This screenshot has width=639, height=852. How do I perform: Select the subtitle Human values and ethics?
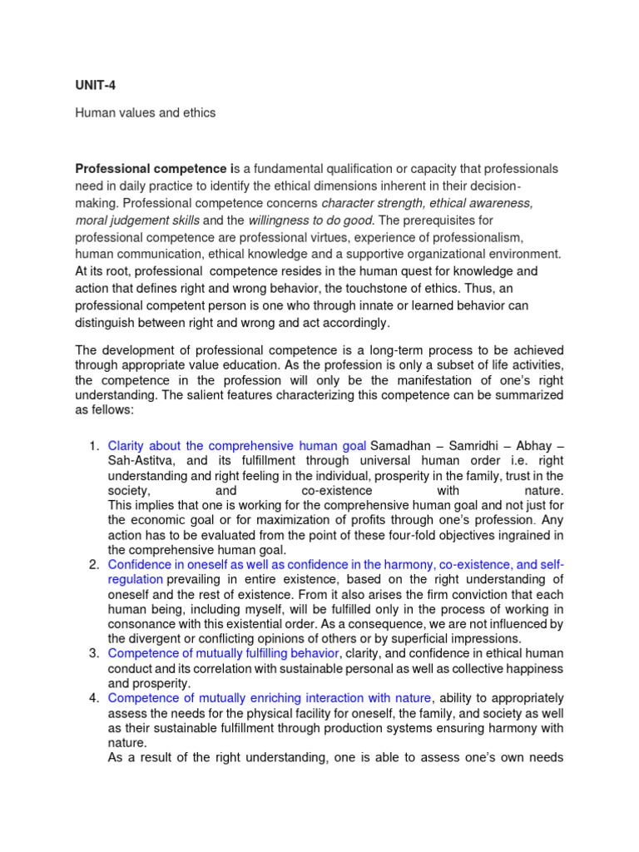click(146, 112)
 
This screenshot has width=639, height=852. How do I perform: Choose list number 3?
click(94, 654)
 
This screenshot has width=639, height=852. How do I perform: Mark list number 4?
click(94, 697)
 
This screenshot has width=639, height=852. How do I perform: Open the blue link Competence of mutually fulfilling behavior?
click(224, 654)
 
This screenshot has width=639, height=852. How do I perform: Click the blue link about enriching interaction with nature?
click(270, 697)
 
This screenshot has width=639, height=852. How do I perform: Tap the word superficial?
click(405, 638)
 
